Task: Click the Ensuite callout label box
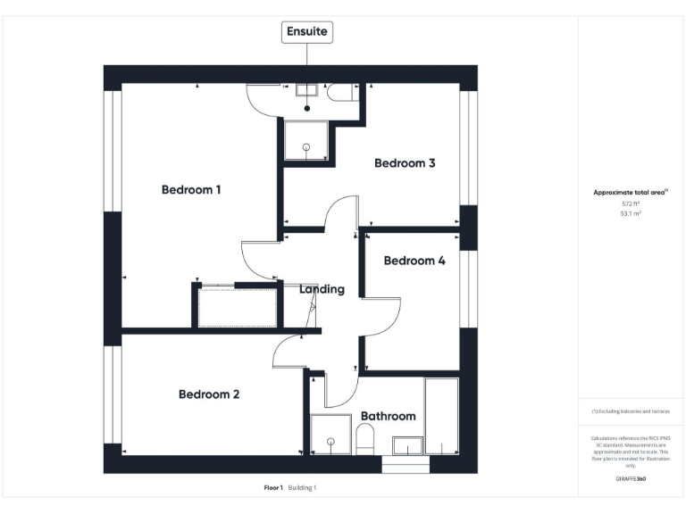point(307,32)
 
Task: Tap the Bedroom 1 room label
point(191,189)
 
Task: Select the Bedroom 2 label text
point(208,394)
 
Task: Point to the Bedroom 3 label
point(405,163)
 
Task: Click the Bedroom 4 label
point(414,261)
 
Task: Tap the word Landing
point(322,289)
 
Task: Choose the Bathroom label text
point(388,416)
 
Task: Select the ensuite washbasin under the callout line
point(307,91)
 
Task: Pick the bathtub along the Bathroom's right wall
point(441,416)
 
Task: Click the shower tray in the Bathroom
point(330,435)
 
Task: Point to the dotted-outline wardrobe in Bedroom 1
point(237,306)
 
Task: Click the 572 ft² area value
point(632,203)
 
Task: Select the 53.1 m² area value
point(632,214)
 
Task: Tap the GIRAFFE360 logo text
point(631,479)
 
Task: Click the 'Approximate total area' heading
point(631,192)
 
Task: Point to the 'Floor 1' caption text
point(273,488)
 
